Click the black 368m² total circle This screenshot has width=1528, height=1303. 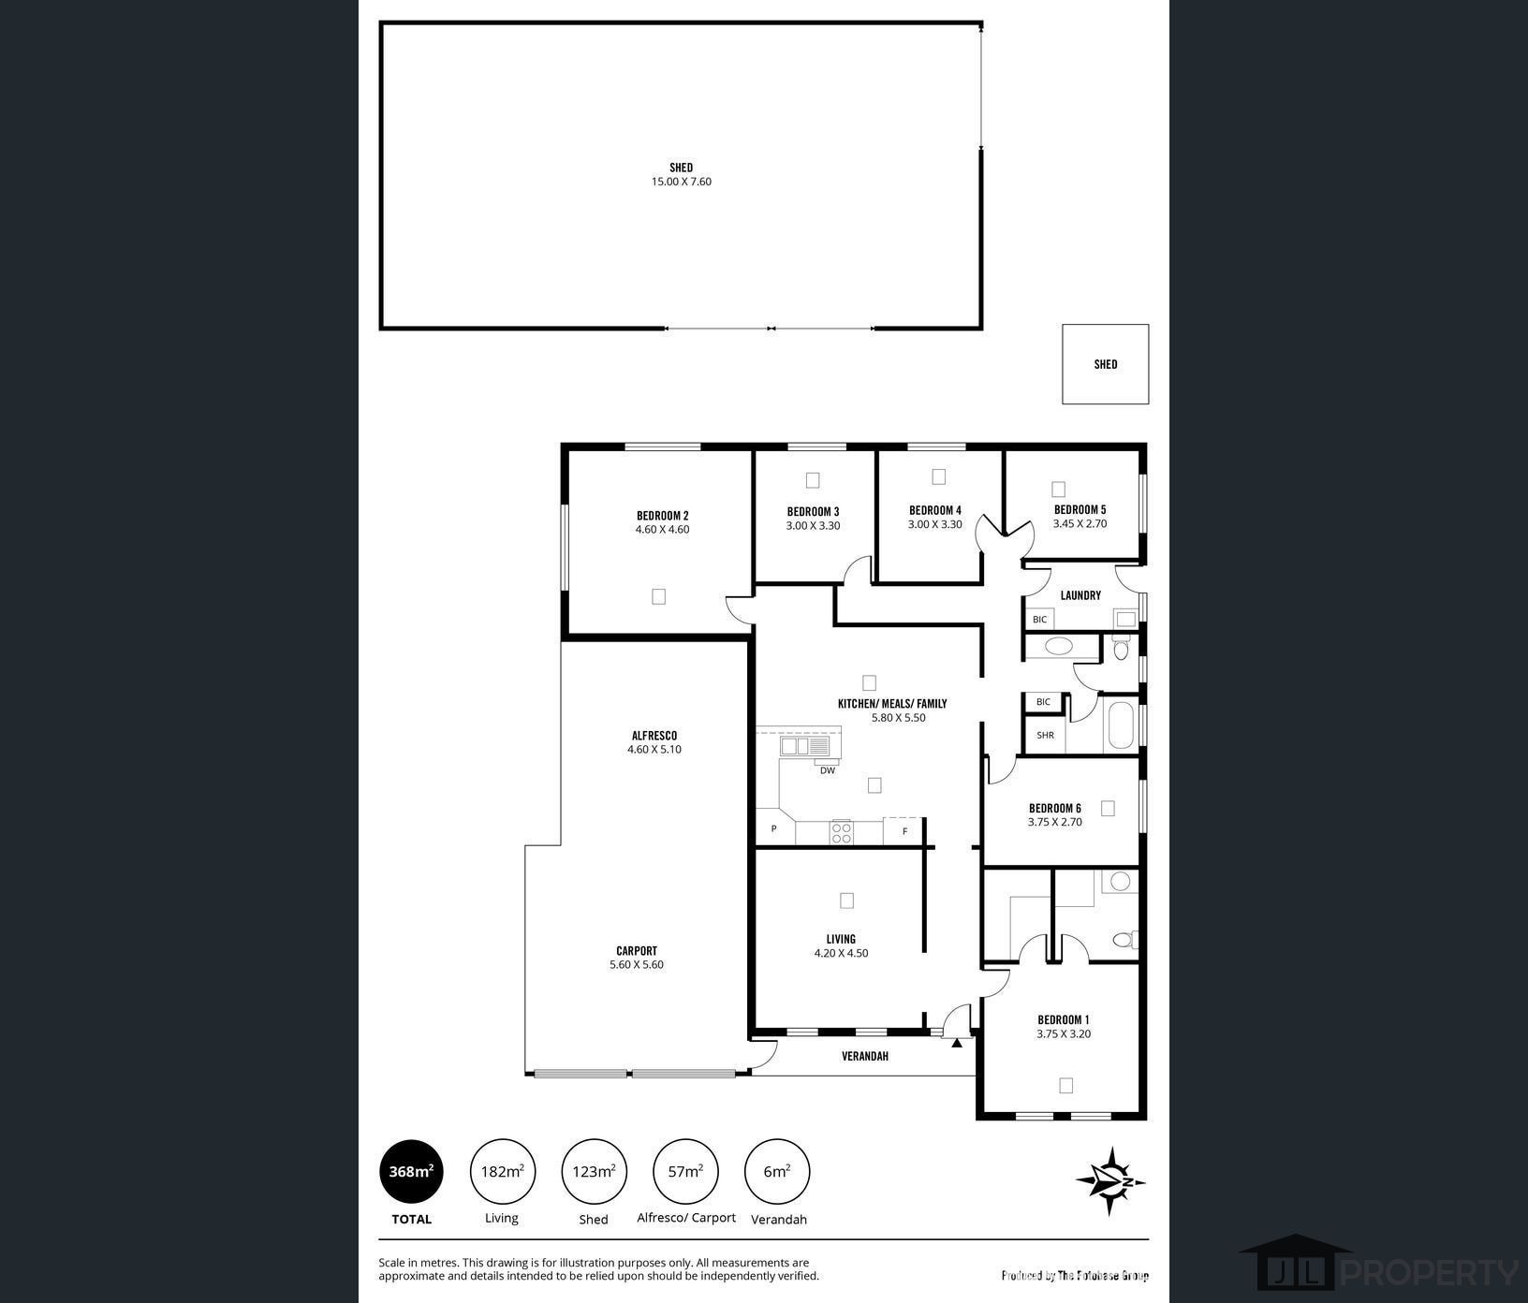411,1171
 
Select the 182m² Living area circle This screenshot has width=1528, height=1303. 502,1171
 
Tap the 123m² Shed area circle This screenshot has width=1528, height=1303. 594,1171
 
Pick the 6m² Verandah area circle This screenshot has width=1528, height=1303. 776,1171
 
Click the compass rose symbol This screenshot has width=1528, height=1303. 1110,1181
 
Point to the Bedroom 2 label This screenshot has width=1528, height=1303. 663,516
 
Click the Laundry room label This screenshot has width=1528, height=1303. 1080,595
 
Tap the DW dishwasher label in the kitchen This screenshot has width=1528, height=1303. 828,770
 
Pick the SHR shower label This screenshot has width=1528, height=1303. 1045,735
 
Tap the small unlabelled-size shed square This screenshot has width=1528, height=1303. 1106,364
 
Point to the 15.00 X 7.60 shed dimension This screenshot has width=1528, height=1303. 682,182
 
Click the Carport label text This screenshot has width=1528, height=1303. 637,950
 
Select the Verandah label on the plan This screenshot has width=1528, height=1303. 865,1056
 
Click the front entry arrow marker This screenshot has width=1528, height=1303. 956,1041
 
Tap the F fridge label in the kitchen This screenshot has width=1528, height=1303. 904,831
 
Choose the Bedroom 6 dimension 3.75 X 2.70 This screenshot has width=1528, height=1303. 1055,822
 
